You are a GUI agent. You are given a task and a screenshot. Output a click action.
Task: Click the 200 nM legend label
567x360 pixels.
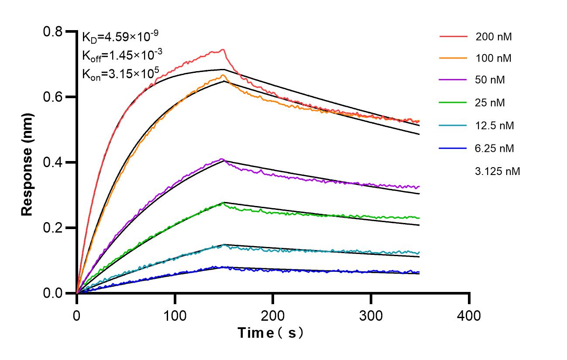494,37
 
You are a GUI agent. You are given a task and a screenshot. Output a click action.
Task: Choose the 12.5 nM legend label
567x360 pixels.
495,126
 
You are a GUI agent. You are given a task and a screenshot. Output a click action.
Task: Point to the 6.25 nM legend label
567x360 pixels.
495,148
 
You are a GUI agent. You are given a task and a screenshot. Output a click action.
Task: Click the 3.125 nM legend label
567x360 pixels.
497,171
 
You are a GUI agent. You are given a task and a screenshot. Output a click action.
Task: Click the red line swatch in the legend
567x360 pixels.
454,37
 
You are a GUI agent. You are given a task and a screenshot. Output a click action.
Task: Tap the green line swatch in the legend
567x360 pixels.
454,103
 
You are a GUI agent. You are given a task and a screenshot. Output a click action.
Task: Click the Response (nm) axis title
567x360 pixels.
27,162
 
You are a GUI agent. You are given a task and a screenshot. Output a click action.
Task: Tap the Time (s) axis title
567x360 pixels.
271,333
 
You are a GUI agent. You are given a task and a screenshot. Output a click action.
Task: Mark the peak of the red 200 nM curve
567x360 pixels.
223,49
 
